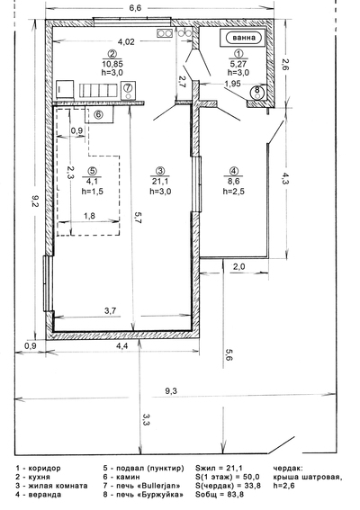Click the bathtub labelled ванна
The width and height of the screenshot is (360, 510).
(x=244, y=38)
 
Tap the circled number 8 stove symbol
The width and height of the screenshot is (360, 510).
(x=257, y=92)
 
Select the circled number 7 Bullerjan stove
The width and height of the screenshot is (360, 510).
(x=128, y=91)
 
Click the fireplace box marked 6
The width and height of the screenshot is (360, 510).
(x=99, y=114)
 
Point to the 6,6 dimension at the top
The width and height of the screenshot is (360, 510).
(x=135, y=8)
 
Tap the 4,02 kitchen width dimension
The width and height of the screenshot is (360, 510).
(x=126, y=41)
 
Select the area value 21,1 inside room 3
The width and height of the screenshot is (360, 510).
(x=160, y=182)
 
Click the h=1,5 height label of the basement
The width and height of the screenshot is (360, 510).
(x=92, y=192)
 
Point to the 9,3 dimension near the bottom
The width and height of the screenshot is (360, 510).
(x=171, y=391)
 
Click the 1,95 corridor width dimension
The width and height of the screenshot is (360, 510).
(x=232, y=84)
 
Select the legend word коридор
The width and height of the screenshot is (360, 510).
(x=45, y=469)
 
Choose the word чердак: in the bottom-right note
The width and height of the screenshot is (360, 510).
(x=288, y=469)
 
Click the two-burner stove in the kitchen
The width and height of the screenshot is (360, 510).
(x=165, y=33)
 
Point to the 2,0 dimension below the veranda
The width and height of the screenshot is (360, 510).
(x=238, y=267)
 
